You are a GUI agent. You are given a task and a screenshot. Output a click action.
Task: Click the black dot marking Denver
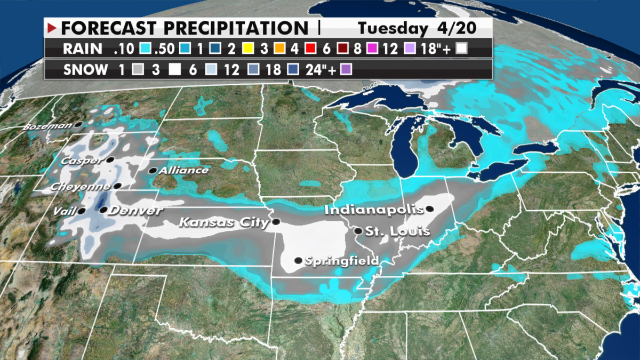point(103,210)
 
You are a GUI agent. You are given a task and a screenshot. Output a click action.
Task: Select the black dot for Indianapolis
point(429,209)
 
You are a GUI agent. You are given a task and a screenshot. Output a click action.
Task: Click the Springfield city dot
point(298,261)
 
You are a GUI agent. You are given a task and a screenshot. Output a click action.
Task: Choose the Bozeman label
point(47,126)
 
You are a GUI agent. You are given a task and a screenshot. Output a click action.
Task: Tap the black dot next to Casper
point(110,159)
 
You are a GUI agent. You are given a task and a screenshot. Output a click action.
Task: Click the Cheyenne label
point(81,187)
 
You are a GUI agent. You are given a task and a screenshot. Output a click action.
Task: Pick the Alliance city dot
point(153,171)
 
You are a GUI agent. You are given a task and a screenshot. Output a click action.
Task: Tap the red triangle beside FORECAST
point(52,27)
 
